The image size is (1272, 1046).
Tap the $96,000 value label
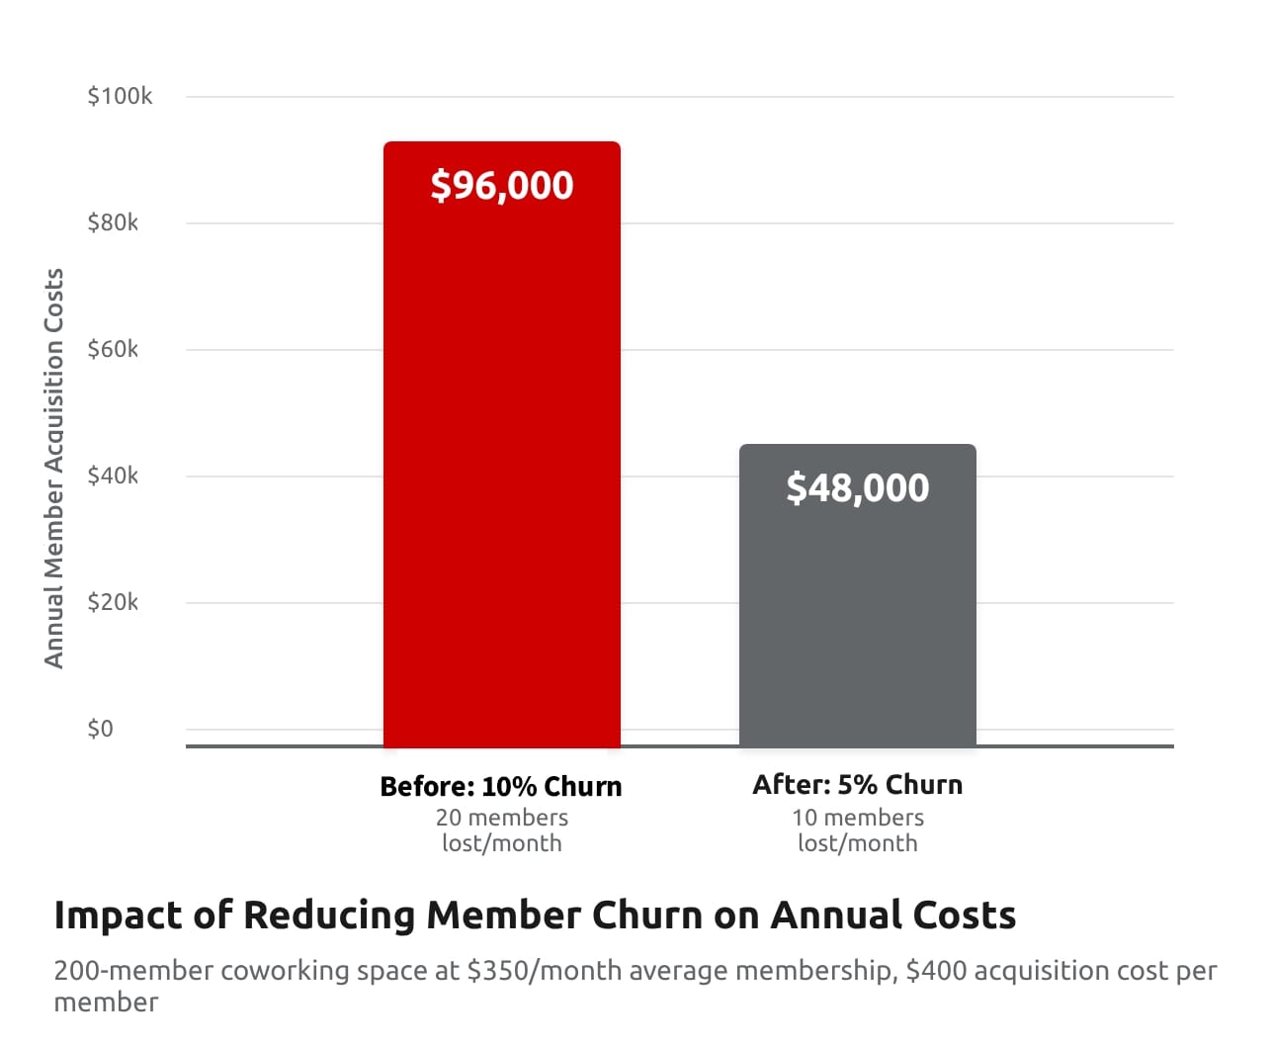pyautogui.click(x=502, y=186)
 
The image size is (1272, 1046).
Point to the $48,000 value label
pyautogui.click(x=858, y=488)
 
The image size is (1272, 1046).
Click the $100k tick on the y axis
pyautogui.click(x=120, y=96)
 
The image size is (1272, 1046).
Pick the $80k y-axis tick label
pyautogui.click(x=113, y=222)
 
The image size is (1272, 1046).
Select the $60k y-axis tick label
pyautogui.click(x=113, y=349)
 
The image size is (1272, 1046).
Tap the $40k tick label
pyautogui.click(x=113, y=476)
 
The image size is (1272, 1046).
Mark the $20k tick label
pyautogui.click(x=113, y=602)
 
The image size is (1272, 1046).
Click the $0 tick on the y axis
pyautogui.click(x=100, y=729)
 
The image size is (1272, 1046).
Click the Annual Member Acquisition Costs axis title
pyautogui.click(x=54, y=468)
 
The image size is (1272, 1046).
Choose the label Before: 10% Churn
pyautogui.click(x=501, y=787)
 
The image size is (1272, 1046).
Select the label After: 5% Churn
pyautogui.click(x=857, y=785)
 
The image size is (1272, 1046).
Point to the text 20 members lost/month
pyautogui.click(x=501, y=830)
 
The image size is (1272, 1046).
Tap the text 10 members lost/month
pyautogui.click(x=857, y=830)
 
